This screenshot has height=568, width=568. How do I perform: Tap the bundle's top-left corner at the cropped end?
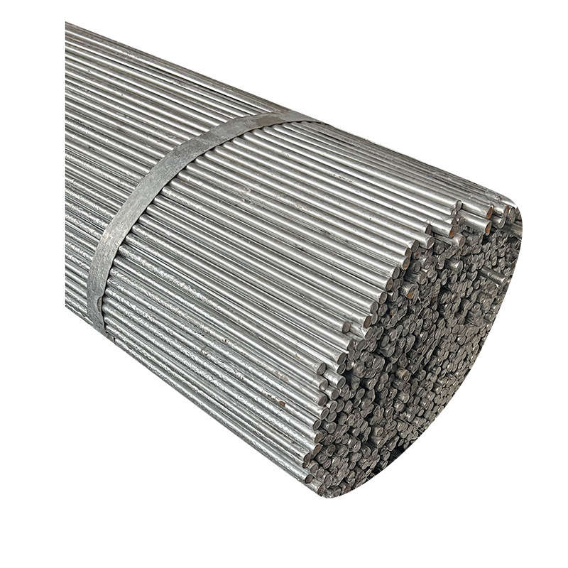(x=67, y=24)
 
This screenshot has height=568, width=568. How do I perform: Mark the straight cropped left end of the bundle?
(x=67, y=163)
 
